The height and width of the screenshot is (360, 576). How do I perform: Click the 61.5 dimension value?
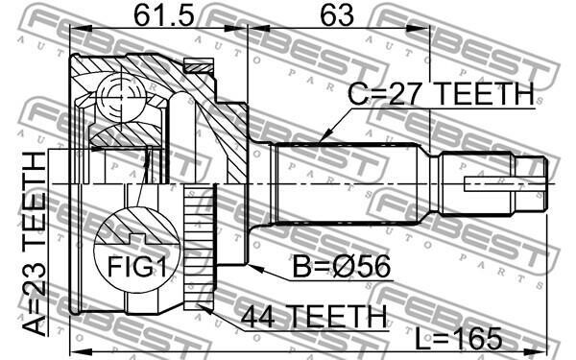pos(163,15)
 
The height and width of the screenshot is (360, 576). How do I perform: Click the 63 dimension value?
pos(337,15)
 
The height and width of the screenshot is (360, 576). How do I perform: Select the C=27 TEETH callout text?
pos(441,94)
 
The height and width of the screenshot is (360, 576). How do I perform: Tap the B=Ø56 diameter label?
pos(342,267)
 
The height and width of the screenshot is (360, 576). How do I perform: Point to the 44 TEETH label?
pos(313,316)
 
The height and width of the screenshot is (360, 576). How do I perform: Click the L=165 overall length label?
pos(459,339)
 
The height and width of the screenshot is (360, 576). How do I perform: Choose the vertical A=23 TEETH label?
pos(34,244)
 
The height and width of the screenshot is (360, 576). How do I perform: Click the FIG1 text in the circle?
pos(136,266)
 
